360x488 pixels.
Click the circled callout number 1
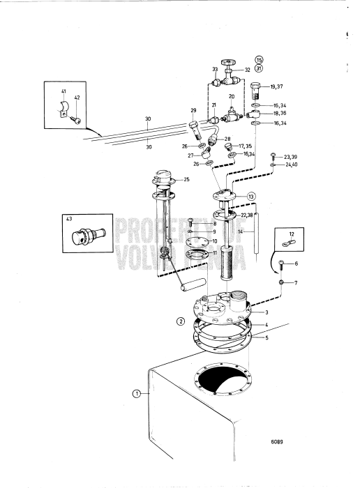tap(137, 394)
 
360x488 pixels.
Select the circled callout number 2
tap(181, 322)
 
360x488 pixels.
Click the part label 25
tap(186, 180)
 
